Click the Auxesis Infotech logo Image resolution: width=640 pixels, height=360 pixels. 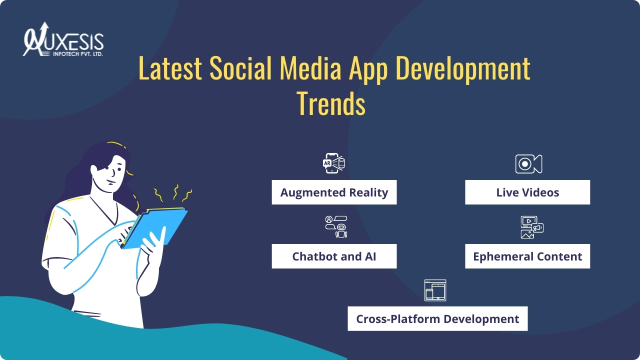tap(63, 39)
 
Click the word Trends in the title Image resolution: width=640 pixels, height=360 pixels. tap(331, 103)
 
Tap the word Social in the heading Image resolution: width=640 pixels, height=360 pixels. tap(240, 68)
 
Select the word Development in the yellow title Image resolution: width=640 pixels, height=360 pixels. tap(463, 70)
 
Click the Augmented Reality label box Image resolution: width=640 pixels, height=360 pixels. tap(334, 192)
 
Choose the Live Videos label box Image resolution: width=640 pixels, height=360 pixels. tap(527, 192)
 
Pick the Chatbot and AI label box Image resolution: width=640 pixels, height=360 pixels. tap(334, 256)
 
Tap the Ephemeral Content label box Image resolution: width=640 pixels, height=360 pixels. tap(527, 256)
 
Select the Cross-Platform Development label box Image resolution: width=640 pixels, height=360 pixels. tap(437, 318)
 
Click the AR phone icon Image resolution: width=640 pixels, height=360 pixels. tap(333, 163)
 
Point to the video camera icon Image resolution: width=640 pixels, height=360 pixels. tap(528, 163)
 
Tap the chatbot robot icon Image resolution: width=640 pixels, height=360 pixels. tap(336, 227)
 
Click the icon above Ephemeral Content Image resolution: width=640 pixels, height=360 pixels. tap(532, 227)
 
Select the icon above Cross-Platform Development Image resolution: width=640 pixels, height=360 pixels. tap(435, 290)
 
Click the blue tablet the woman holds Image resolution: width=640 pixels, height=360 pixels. tap(155, 228)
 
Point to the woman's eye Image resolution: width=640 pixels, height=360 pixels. tap(119, 169)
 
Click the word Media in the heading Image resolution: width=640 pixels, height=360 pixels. tap(310, 68)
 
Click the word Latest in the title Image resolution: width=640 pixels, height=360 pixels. tap(170, 68)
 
